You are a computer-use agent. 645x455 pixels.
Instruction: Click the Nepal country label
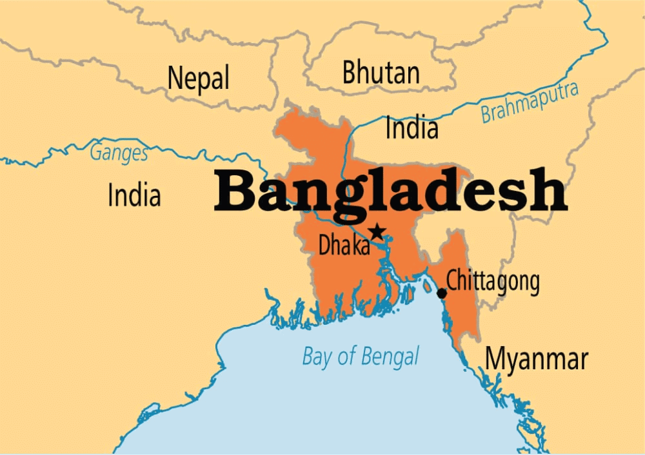[198, 79]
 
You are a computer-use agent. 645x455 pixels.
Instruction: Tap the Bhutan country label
[381, 72]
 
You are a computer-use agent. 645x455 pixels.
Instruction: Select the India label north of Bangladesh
[412, 128]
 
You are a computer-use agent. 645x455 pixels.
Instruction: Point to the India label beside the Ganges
[134, 195]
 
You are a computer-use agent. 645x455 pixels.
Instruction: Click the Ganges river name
[119, 153]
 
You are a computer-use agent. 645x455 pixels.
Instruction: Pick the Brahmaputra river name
[529, 103]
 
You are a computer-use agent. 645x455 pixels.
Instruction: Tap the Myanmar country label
[537, 359]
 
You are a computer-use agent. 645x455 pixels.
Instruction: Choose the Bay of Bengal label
[361, 356]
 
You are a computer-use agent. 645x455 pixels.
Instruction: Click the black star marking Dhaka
[376, 231]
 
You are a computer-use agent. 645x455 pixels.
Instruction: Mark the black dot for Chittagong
[442, 293]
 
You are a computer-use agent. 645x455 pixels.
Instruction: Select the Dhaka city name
[344, 246]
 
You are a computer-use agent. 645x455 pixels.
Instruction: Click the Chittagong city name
[493, 281]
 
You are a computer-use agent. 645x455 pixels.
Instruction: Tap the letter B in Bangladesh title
[235, 191]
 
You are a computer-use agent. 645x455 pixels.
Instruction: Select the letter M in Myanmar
[495, 359]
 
